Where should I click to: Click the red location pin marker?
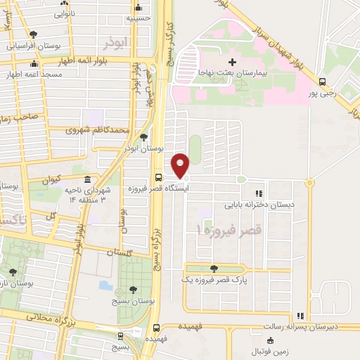coord(181,165)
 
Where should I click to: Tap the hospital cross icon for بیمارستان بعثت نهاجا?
coord(232,62)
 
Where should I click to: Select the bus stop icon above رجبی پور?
coord(322,81)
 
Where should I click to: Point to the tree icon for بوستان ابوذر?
coord(144,137)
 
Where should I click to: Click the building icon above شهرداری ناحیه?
coord(86,179)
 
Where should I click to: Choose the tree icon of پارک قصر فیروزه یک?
coord(213,268)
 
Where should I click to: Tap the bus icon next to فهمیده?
coord(156,327)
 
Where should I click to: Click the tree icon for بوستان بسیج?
coord(133,289)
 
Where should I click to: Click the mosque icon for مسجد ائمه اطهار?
coord(33,64)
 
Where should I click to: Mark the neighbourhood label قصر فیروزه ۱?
coord(229,229)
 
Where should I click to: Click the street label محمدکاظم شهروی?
coord(97,130)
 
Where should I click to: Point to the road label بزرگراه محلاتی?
coord(50,320)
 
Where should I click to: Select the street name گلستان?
coord(120,252)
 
